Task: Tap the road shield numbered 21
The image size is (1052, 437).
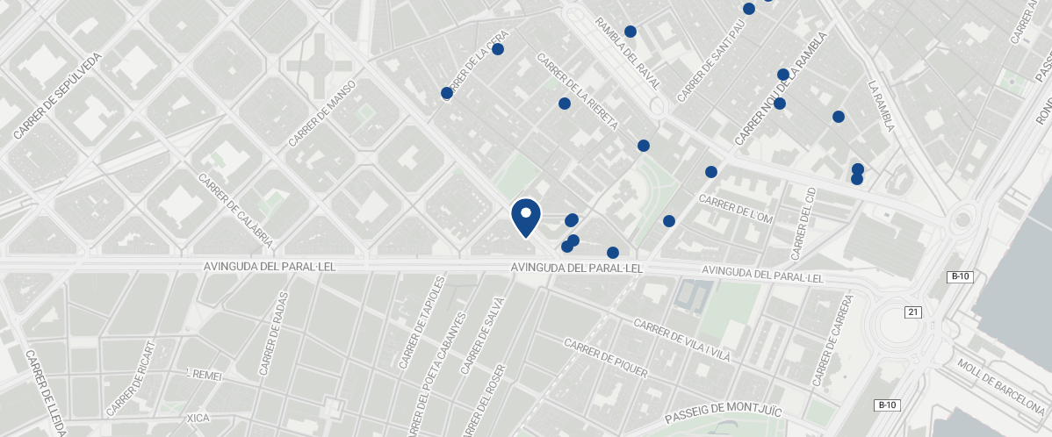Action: click(914, 312)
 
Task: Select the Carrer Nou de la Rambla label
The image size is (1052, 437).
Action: click(782, 90)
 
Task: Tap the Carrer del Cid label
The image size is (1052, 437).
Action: click(802, 223)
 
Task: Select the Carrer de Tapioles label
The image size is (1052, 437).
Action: click(425, 323)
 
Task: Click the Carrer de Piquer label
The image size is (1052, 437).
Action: click(606, 359)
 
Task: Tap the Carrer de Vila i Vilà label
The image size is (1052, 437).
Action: click(682, 340)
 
